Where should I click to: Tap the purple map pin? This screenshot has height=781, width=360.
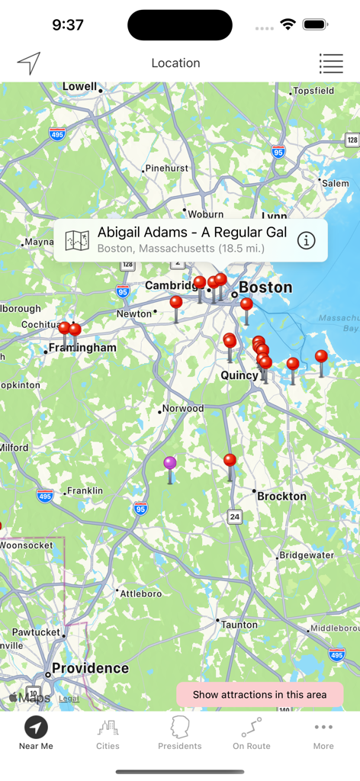[x=170, y=463]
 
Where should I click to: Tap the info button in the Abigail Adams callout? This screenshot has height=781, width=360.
[x=306, y=240]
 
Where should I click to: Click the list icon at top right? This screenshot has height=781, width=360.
[x=331, y=63]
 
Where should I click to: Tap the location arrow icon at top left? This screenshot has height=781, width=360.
[x=29, y=63]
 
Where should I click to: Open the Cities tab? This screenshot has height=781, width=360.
[x=108, y=734]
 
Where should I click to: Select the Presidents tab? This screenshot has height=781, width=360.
[x=180, y=734]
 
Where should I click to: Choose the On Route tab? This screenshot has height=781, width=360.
[x=252, y=734]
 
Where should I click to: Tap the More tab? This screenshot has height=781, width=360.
[x=323, y=734]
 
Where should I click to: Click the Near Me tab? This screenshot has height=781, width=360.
[x=36, y=734]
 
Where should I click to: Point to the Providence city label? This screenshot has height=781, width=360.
[x=90, y=668]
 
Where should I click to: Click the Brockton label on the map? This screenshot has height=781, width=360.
[x=281, y=496]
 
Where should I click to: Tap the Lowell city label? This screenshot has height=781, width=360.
[x=79, y=86]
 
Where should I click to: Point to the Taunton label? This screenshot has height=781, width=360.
[x=239, y=625]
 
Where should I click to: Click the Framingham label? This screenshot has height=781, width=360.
[x=82, y=348]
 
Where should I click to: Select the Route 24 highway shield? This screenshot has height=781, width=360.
[x=235, y=516]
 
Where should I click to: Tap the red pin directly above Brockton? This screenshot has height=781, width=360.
[x=230, y=461]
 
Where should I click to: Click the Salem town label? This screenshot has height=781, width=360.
[x=335, y=183]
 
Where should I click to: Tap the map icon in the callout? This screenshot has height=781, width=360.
[x=77, y=240]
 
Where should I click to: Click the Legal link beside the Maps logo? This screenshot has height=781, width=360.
[x=69, y=698]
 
